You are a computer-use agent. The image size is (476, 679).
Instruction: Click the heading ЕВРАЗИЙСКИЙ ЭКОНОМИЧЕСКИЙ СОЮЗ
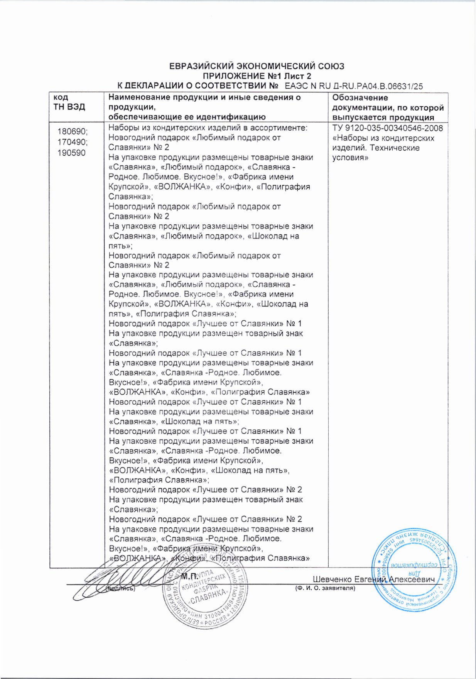coord(257,66)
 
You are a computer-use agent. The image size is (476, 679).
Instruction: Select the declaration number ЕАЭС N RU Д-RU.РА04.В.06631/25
coord(353,86)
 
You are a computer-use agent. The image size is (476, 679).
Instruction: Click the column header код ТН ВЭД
coord(69,103)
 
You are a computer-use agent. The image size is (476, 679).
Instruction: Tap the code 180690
coord(73,132)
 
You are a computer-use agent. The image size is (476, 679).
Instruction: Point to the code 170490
coord(73,142)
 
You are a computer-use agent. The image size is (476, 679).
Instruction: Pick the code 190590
coord(71,153)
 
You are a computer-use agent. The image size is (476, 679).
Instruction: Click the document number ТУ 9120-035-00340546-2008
coord(387,128)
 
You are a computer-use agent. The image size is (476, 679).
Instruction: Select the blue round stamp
coord(413,566)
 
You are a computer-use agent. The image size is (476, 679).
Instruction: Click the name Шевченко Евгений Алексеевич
coord(373,580)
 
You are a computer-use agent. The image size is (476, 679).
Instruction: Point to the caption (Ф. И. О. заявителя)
coord(324,588)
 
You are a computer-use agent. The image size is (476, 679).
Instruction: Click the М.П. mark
coord(189,576)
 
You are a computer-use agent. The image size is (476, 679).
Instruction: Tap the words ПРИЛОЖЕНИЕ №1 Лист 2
coord(257,76)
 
